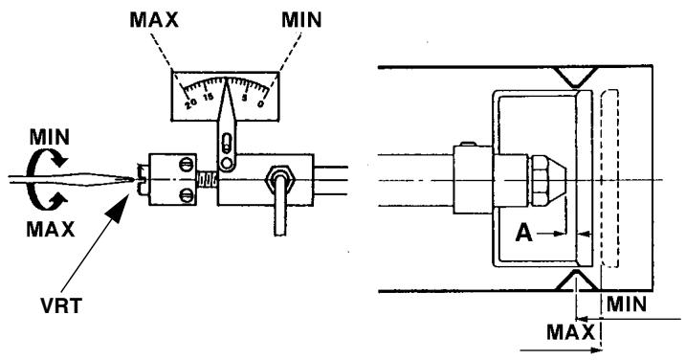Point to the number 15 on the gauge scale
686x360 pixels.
tap(208, 97)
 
